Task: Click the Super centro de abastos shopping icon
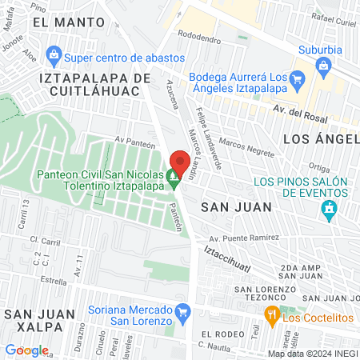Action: (54, 56)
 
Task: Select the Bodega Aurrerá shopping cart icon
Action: (298, 78)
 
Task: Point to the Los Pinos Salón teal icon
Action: (328, 210)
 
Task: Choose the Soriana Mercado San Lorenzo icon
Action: (184, 310)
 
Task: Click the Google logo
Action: (26, 350)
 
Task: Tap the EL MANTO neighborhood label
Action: (65, 23)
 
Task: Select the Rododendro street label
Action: (200, 36)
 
